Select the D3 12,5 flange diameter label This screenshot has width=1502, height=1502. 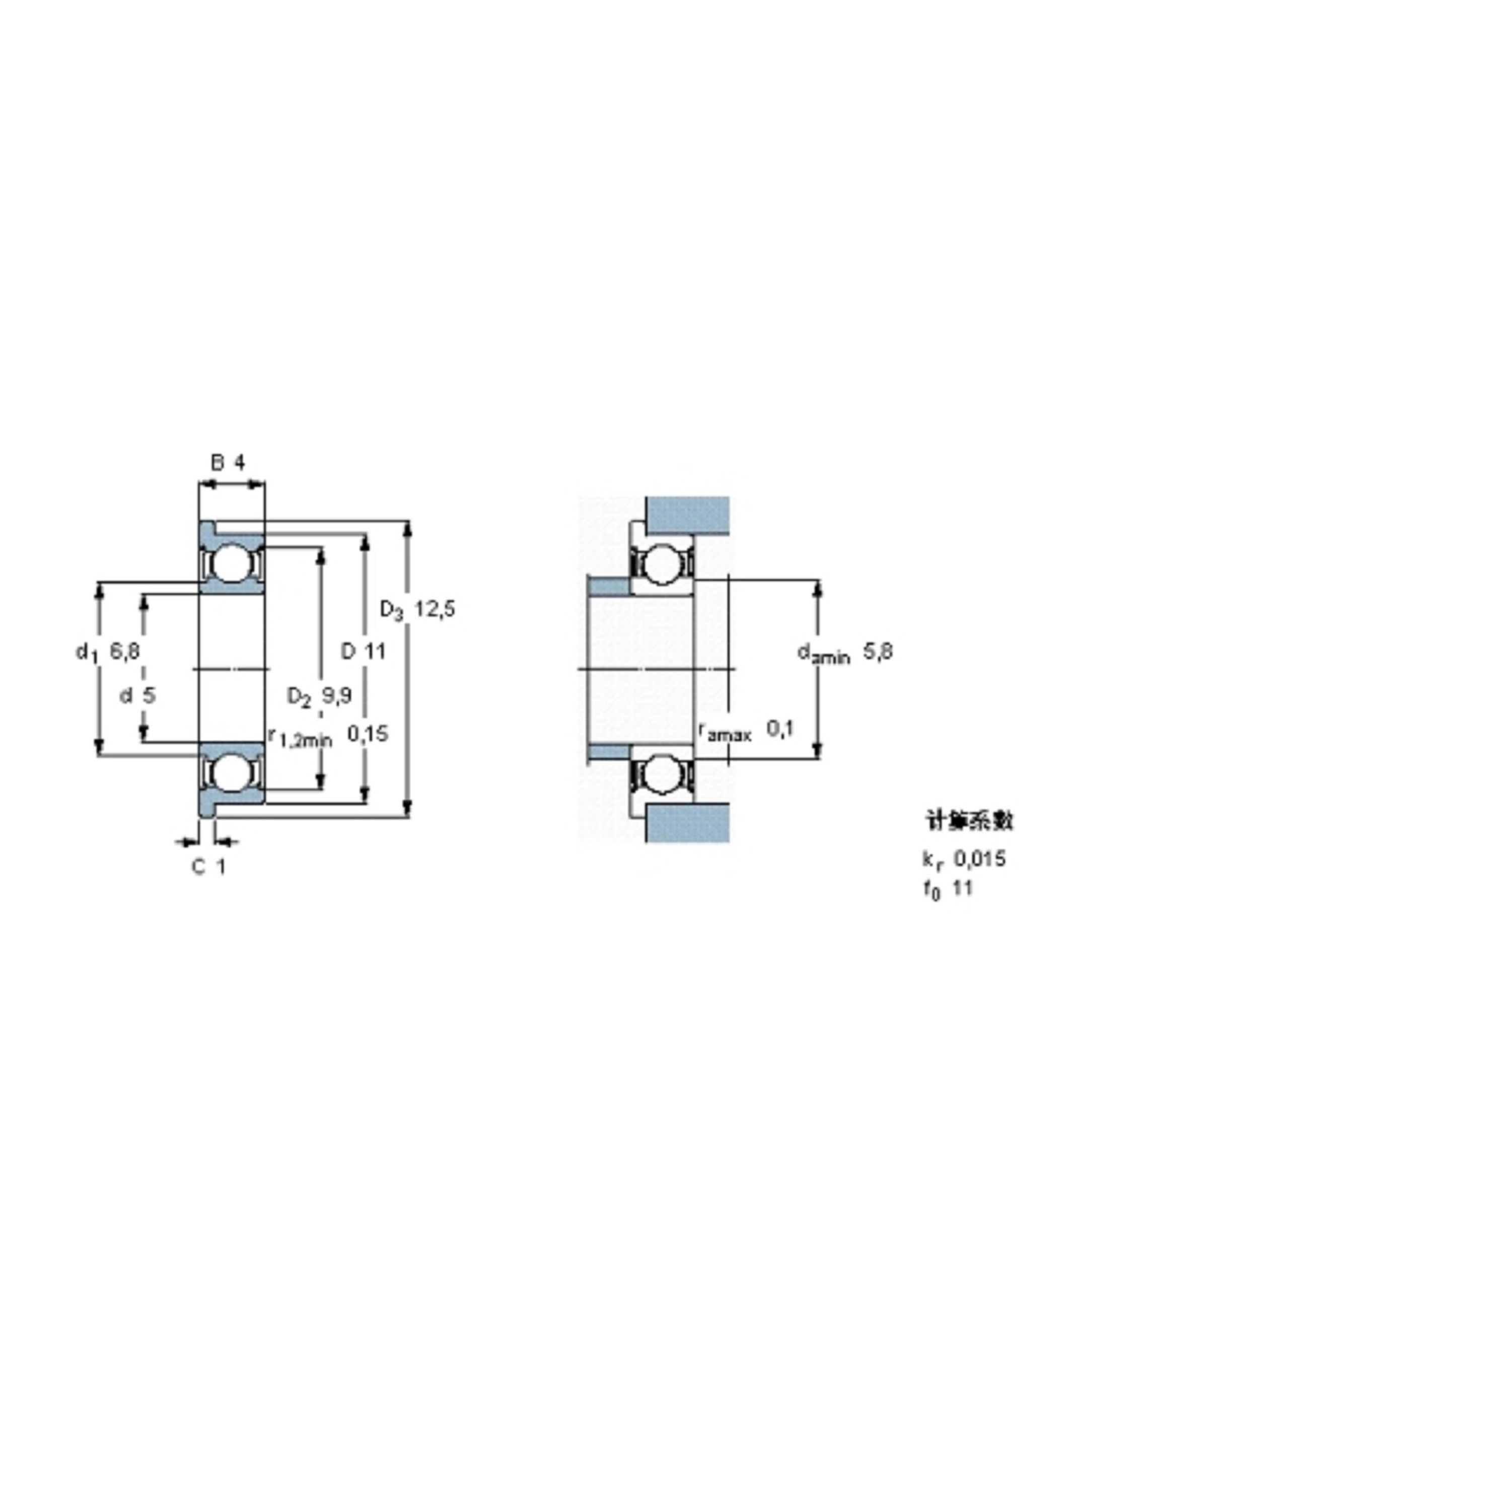[417, 610]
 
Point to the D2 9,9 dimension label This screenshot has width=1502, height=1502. [320, 696]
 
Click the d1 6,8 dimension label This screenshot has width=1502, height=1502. [108, 652]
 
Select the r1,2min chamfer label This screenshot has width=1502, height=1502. [300, 737]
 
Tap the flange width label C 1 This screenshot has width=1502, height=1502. [209, 866]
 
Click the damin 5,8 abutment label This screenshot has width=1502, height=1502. [845, 653]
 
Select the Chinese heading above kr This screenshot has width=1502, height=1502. [969, 821]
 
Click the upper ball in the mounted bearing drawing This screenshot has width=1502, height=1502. [662, 563]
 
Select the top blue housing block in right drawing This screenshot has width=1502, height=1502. [687, 515]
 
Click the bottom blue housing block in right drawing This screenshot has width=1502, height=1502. [687, 823]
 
